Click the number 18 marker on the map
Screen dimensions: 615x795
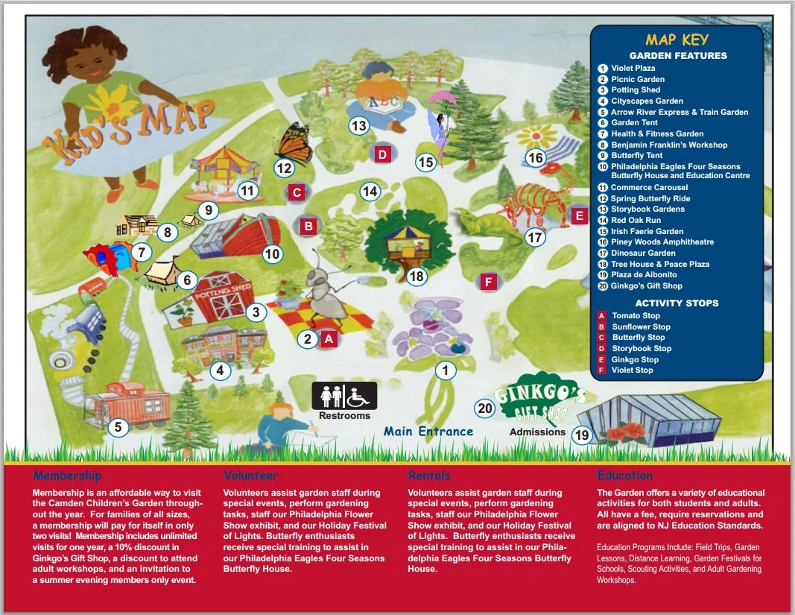pos(416,277)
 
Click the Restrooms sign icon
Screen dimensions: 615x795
pos(344,395)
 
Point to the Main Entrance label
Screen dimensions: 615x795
pos(428,431)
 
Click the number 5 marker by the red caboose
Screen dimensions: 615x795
pos(118,427)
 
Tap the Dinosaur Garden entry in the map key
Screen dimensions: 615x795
pos(643,253)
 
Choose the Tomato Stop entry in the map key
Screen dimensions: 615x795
pos(636,315)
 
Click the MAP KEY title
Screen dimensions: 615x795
pos(677,40)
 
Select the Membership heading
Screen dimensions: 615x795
pos(67,475)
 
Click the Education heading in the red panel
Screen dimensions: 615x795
pos(624,475)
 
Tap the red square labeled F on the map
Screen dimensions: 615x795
pos(488,283)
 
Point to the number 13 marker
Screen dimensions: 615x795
pos(359,126)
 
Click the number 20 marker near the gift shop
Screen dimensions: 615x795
pos(485,408)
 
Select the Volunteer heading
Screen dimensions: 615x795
pos(250,475)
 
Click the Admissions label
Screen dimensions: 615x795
pos(537,432)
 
